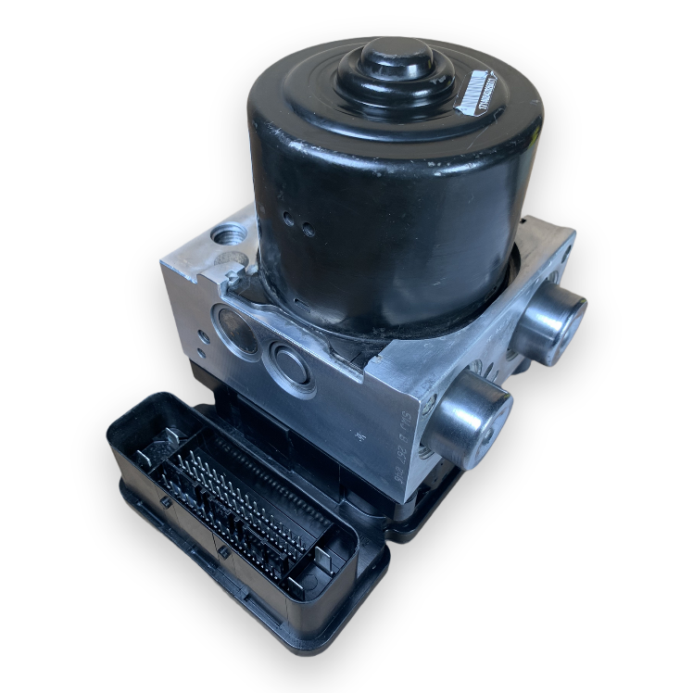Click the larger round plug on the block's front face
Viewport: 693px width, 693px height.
point(236,331)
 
